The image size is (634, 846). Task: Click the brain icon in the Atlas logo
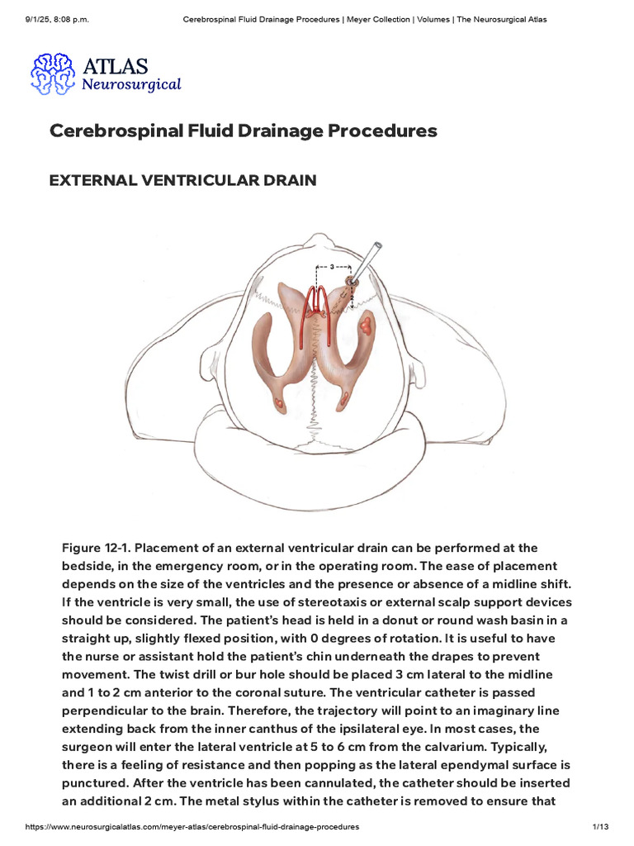pos(53,74)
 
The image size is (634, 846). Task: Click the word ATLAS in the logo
pos(115,65)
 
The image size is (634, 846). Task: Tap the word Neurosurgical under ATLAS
pos(131,84)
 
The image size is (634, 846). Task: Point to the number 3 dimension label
pos(331,268)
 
